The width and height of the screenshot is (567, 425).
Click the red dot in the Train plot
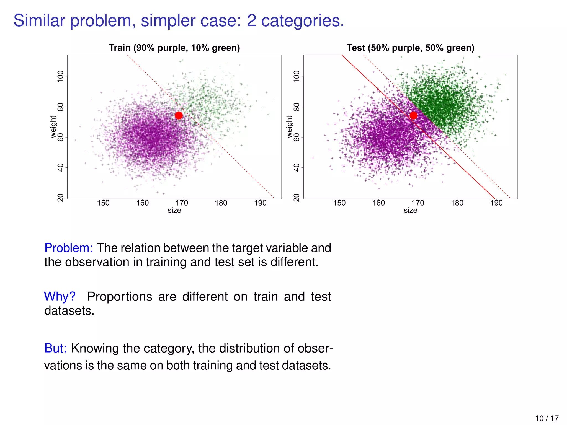pyautogui.click(x=179, y=115)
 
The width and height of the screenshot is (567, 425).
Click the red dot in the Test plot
pyautogui.click(x=413, y=115)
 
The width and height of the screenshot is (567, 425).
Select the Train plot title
pyautogui.click(x=174, y=48)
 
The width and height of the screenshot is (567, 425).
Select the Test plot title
pyautogui.click(x=411, y=48)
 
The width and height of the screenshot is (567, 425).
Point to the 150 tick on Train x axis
pyautogui.click(x=103, y=203)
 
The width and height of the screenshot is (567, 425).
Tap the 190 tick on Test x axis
pyautogui.click(x=496, y=203)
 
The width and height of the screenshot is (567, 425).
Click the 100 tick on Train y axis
pyautogui.click(x=60, y=76)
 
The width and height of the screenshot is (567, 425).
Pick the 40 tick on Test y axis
pyautogui.click(x=297, y=167)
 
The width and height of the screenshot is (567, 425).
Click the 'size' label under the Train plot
pyautogui.click(x=174, y=211)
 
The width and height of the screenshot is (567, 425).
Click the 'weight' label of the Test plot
pyautogui.click(x=289, y=127)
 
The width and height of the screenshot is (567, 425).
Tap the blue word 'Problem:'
pyautogui.click(x=69, y=248)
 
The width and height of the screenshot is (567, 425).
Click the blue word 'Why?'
pyautogui.click(x=60, y=297)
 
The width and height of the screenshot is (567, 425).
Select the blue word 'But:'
pyautogui.click(x=56, y=348)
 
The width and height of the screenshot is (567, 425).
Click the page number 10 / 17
pyautogui.click(x=547, y=418)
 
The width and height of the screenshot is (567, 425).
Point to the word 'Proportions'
pyautogui.click(x=120, y=297)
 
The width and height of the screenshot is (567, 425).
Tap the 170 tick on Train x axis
pyautogui.click(x=182, y=203)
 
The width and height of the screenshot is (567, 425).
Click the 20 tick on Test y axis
pyautogui.click(x=297, y=198)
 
